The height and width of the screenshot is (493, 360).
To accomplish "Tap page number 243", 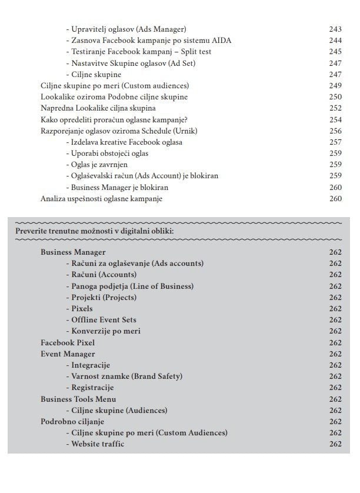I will tap(335, 29).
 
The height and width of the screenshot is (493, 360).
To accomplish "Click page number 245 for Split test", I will tap(335, 52).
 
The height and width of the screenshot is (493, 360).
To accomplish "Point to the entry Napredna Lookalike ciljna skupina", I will tap(98, 108).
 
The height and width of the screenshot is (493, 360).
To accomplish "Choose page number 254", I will tap(335, 119).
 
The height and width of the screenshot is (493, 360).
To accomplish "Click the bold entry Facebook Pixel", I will tap(68, 342).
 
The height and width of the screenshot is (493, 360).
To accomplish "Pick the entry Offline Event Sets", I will tap(104, 320).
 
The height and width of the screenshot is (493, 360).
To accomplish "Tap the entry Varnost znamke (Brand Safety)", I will tap(126, 377).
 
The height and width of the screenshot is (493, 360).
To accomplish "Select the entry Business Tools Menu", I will tap(78, 399).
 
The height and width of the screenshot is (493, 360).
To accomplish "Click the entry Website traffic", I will tap(98, 444).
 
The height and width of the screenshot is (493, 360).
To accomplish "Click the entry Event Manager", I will tap(68, 354).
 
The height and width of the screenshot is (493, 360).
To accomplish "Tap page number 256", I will tap(335, 131).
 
